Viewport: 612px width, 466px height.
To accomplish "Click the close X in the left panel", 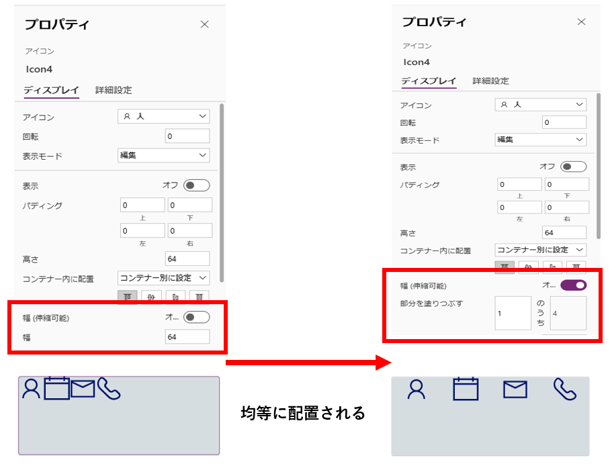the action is (x=204, y=24).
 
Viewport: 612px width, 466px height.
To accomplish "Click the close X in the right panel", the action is (x=581, y=22).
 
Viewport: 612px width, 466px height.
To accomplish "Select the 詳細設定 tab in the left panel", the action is (x=114, y=90).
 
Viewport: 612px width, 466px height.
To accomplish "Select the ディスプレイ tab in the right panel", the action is (x=429, y=81).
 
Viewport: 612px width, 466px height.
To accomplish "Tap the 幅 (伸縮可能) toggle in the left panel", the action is (x=196, y=317).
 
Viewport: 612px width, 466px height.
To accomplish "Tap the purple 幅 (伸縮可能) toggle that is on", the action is (x=573, y=285).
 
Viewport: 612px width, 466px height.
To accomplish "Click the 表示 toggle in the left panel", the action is (x=196, y=185).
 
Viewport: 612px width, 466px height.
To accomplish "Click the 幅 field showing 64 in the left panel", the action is (x=187, y=337).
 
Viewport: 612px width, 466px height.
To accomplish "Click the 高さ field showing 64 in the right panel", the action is (x=564, y=232).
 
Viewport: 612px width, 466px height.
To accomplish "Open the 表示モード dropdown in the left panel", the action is (x=163, y=155).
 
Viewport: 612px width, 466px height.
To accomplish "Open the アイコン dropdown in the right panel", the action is (x=541, y=105).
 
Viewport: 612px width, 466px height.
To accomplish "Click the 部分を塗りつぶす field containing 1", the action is (x=513, y=313).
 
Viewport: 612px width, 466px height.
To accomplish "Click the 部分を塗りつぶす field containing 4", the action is (x=568, y=313).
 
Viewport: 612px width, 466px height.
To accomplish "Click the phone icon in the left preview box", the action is (x=109, y=388).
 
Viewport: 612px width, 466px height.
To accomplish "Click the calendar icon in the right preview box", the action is (x=466, y=389).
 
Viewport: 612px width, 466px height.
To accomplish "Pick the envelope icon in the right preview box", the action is (x=515, y=389).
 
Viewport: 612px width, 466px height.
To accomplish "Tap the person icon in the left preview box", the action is (x=31, y=388).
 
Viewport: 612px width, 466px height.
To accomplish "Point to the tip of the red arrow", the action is (x=391, y=363).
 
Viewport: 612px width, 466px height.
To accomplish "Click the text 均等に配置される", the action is (x=303, y=413).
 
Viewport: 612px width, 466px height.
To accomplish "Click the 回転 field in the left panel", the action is (x=187, y=136).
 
